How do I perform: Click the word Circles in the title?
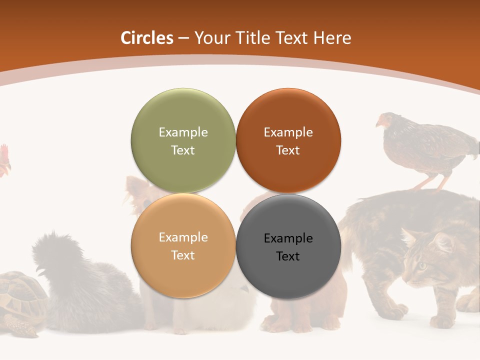point(146,38)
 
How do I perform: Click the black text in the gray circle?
point(288,247)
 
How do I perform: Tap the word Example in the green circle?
point(183,132)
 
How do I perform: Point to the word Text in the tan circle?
point(183,255)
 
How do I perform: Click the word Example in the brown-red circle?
point(288,132)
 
